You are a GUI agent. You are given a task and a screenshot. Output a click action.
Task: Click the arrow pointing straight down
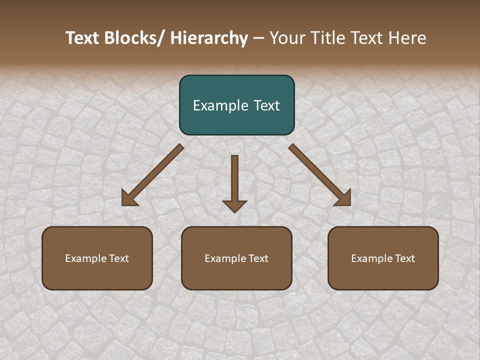(234, 182)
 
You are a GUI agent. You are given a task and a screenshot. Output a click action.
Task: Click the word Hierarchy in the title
(209, 38)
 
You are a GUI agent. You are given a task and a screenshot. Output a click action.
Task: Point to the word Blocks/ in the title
(134, 38)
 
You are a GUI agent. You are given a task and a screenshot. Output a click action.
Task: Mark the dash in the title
(258, 38)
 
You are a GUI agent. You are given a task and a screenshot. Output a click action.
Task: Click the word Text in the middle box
(258, 258)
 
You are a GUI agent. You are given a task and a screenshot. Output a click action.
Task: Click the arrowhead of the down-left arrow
(129, 198)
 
